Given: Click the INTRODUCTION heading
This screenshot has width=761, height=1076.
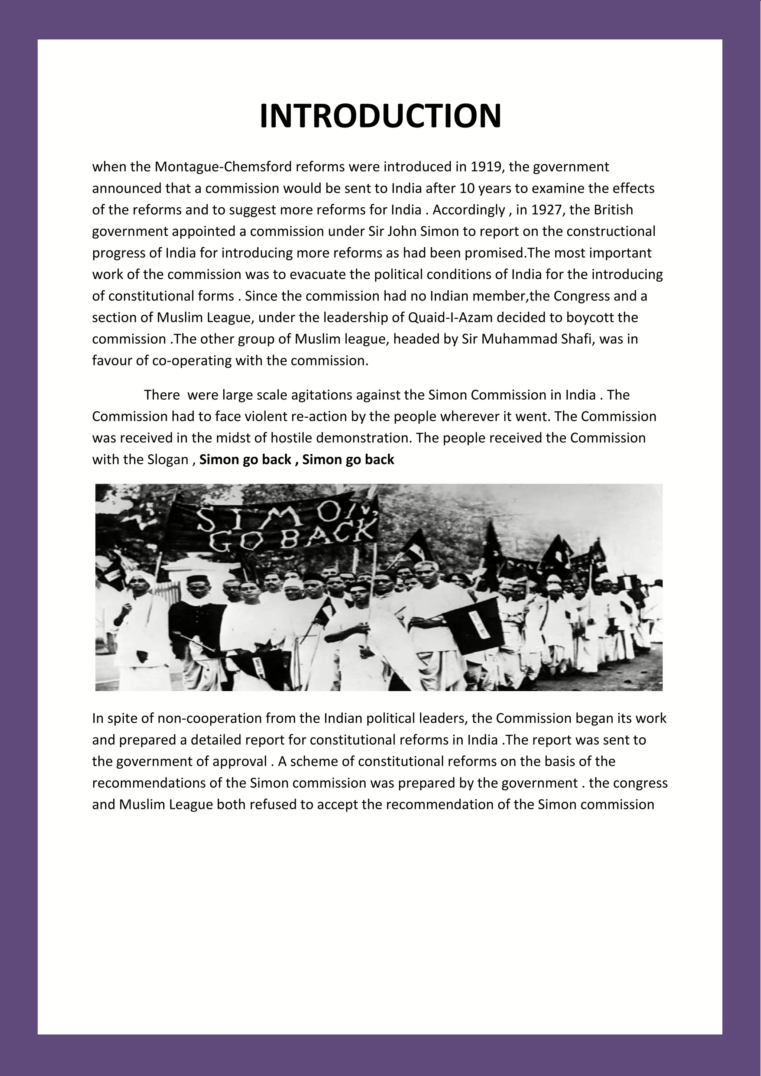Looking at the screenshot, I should [380, 116].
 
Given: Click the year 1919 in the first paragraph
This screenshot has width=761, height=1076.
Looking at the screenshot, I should [486, 166].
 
